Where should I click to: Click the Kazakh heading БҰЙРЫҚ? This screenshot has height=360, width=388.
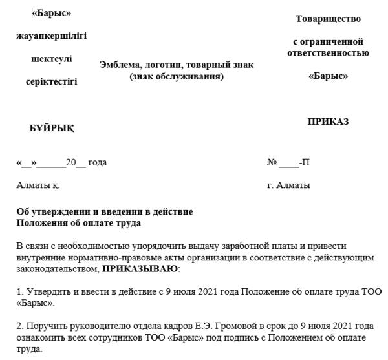[52, 128]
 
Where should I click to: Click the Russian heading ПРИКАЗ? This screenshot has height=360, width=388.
[328, 122]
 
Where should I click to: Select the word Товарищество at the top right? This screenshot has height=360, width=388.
[328, 19]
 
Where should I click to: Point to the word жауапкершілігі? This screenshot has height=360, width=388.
[51, 36]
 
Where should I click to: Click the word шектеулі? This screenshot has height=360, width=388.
[52, 59]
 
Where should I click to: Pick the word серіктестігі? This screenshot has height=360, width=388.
[51, 81]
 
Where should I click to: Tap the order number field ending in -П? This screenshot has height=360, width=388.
[288, 162]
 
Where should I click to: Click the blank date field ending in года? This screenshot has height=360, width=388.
[61, 162]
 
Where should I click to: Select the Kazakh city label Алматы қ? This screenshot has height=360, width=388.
[38, 185]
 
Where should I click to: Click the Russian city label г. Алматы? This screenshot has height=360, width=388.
[288, 185]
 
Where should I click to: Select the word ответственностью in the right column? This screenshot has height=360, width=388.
[328, 52]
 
